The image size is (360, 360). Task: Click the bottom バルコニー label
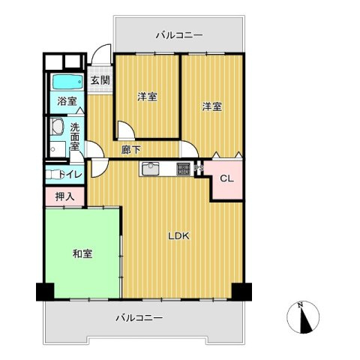139,318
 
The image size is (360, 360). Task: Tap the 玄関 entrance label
100,80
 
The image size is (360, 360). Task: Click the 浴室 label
67,100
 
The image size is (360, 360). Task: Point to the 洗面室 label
75,137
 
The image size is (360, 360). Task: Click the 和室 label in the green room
82,253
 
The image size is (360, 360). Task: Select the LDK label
178,236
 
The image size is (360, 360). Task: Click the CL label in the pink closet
227,178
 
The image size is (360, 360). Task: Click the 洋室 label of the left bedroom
147,97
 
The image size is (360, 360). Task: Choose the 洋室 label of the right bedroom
211,106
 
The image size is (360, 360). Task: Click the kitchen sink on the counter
150,169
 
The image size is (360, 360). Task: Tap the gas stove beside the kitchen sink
184,169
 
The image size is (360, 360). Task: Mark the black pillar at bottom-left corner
43,291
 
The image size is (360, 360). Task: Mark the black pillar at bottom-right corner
241,291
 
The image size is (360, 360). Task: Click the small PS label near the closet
199,169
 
